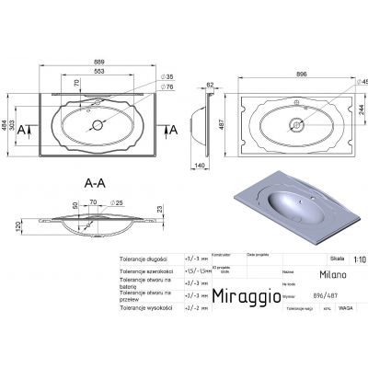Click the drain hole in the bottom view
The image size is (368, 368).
(x=296, y=122)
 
